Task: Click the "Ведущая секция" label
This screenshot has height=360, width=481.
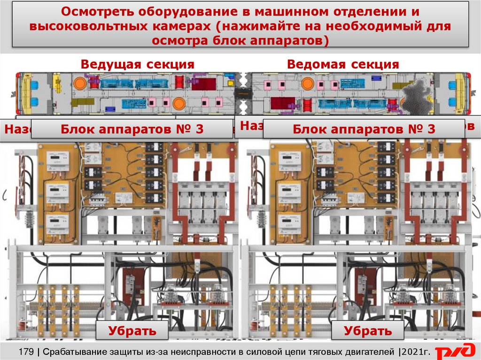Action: point(137,64)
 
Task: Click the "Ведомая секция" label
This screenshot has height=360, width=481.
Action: point(343,64)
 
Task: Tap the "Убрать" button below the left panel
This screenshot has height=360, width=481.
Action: point(132,330)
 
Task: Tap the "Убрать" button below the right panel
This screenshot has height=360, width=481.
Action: point(367,330)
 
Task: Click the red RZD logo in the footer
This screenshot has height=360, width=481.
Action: point(455,352)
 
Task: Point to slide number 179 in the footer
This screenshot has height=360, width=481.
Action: point(27,351)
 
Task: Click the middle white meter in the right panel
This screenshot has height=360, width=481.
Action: point(290,191)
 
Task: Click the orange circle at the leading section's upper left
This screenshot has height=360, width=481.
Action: point(80,84)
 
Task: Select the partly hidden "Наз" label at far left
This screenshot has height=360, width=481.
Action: point(16,129)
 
